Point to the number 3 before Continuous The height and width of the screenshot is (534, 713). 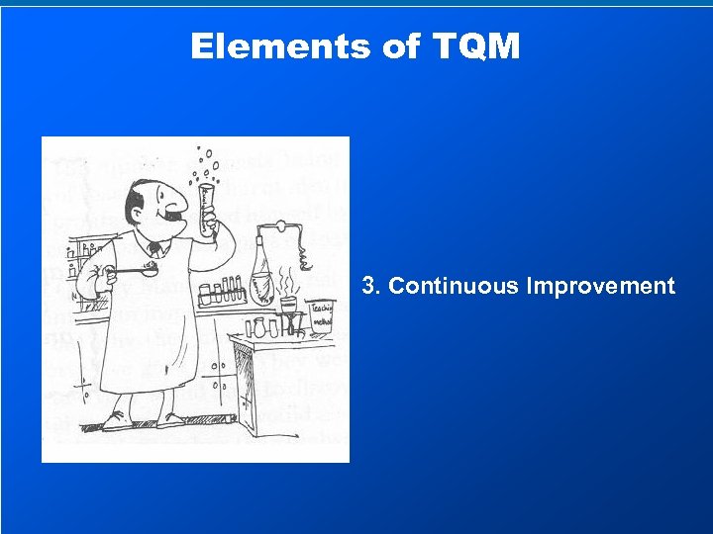point(368,287)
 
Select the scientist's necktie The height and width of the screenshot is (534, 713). point(154,250)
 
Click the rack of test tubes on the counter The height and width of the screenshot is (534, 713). point(221,293)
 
